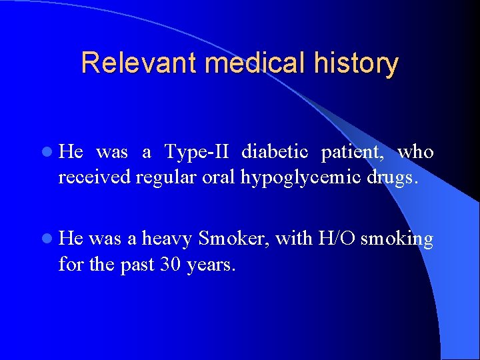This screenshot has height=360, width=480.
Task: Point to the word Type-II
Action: click(x=197, y=153)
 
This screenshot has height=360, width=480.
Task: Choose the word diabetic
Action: click(x=275, y=153)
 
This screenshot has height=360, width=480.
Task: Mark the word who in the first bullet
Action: click(x=416, y=153)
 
